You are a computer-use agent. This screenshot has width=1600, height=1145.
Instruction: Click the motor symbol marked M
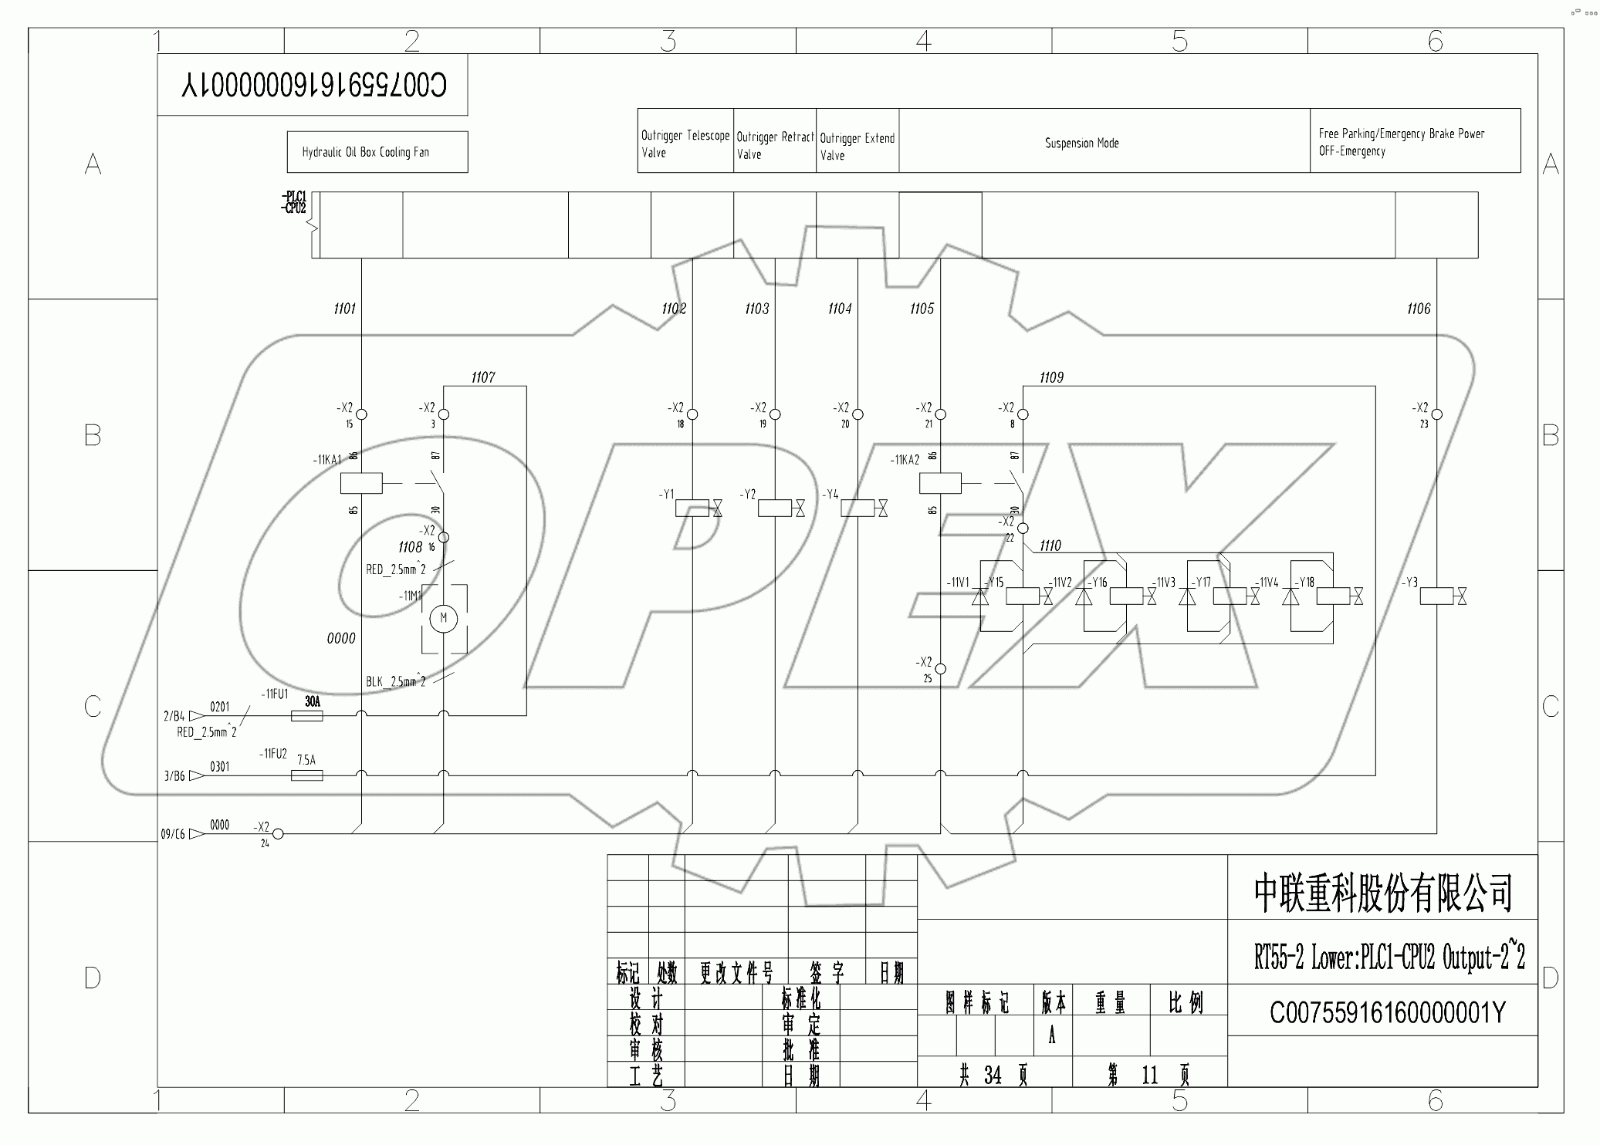(x=443, y=618)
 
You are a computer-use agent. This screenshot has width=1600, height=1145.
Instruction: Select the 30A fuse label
(x=312, y=701)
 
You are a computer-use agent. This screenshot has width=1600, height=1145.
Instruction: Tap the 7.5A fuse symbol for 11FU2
(x=306, y=775)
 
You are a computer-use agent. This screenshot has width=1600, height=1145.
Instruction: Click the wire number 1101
(x=344, y=309)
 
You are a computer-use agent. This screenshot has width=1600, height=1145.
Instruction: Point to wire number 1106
(x=1418, y=309)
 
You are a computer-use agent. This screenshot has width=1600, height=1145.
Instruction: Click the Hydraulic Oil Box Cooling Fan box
(x=377, y=152)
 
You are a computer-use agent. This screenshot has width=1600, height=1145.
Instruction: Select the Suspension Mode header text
(x=1081, y=143)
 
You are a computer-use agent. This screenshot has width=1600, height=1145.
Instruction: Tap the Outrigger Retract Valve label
(x=774, y=145)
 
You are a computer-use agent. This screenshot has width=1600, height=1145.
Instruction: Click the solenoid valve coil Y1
(x=692, y=508)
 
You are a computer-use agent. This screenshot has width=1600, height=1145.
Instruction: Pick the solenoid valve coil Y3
(x=1436, y=596)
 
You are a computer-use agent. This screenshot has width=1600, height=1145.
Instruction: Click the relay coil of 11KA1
(x=360, y=484)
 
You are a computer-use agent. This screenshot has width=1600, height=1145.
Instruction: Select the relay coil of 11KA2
(x=939, y=484)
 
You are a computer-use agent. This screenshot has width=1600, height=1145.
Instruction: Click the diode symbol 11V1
(x=980, y=596)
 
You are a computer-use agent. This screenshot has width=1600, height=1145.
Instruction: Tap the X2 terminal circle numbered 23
(x=1436, y=414)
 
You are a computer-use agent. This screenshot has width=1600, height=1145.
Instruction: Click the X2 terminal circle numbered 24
(x=278, y=833)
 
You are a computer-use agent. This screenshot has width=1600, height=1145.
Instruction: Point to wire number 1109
(x=1050, y=377)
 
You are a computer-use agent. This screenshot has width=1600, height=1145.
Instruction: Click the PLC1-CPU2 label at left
(x=294, y=202)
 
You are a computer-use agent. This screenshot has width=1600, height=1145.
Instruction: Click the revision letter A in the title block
(x=1051, y=1036)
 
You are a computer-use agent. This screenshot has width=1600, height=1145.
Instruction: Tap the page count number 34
(x=993, y=1075)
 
